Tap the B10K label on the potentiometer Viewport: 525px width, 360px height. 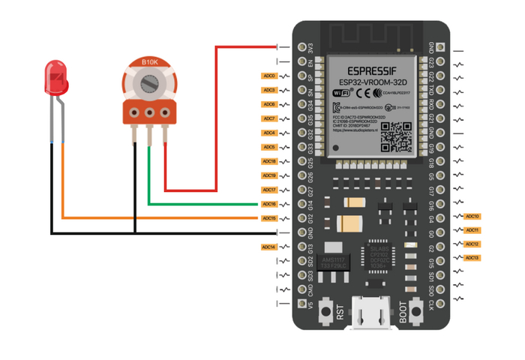149,61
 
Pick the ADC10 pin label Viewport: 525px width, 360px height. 472,216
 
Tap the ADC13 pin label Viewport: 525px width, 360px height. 472,258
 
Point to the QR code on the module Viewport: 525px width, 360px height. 395,136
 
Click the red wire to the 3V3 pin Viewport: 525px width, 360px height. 216,112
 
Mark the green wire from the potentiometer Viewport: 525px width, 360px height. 202,203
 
